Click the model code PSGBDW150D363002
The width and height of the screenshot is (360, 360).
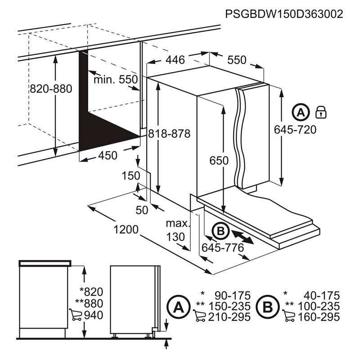click(x=284, y=14)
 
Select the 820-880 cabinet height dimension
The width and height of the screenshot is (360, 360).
click(x=51, y=89)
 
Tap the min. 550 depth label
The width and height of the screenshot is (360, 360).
click(x=115, y=80)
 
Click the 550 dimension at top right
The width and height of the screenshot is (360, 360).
click(x=237, y=60)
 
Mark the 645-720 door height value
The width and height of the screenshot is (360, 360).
click(x=295, y=130)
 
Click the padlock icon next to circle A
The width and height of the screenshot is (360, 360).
click(x=321, y=112)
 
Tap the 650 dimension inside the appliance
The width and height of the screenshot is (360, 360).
click(x=219, y=160)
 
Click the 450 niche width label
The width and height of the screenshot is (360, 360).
click(x=108, y=156)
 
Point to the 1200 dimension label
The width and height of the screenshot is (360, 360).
click(x=126, y=229)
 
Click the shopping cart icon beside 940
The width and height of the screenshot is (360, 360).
click(x=76, y=315)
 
